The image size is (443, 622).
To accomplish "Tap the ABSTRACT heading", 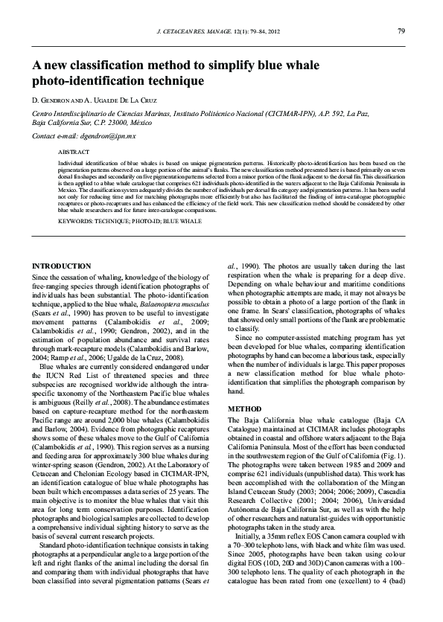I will (73, 151).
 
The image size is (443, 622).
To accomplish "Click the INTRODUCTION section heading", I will (70, 266).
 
